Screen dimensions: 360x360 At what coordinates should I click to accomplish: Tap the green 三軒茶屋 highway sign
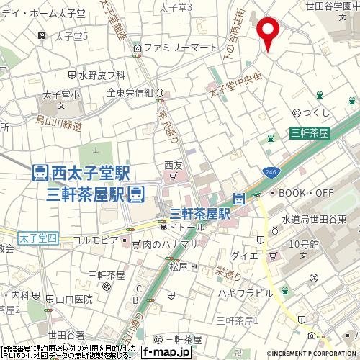[x=310, y=132]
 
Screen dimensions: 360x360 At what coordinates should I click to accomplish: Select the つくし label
[x=317, y=112]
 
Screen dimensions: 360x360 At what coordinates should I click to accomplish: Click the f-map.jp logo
[x=166, y=352]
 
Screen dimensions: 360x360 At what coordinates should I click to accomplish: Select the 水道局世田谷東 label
[x=315, y=218]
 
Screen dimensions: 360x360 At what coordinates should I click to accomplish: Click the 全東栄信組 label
[x=130, y=92]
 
